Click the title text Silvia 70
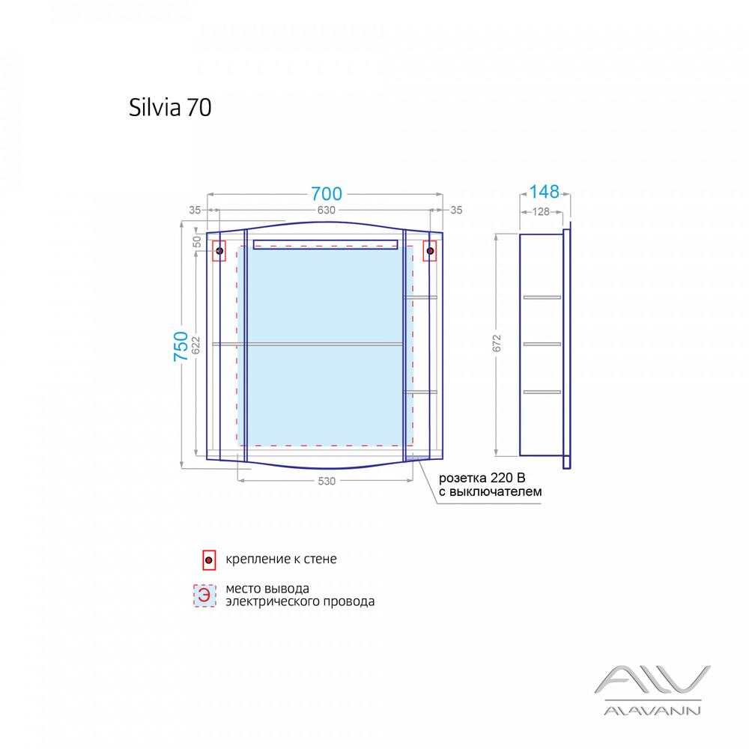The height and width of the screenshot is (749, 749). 170,108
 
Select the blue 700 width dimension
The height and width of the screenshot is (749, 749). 326,194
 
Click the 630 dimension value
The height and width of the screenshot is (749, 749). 326,210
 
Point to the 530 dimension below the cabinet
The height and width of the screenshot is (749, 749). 326,482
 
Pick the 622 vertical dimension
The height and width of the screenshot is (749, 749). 196,344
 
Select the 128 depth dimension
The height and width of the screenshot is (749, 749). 541,212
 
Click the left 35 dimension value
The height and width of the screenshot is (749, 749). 195,210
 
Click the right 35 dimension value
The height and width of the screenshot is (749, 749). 456,210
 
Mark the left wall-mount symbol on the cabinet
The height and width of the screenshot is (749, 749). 219,251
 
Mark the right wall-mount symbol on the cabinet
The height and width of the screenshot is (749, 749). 430,251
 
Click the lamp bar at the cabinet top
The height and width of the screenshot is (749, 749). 326,244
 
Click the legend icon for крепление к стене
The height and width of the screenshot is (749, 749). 209,560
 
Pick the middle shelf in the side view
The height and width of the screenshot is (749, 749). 542,344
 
